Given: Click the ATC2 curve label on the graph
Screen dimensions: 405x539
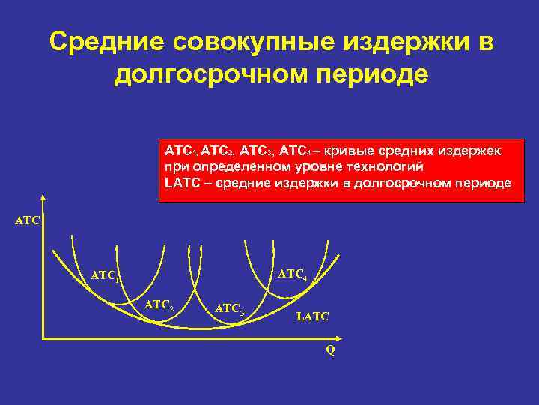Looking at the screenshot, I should (x=159, y=304).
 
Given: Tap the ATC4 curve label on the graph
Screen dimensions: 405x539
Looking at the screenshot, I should (x=292, y=275).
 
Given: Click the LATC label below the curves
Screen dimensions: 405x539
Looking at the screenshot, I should (x=313, y=318).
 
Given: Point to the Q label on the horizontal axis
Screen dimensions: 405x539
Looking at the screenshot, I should (x=330, y=350).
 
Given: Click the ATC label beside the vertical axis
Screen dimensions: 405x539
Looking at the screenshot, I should (x=28, y=220).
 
